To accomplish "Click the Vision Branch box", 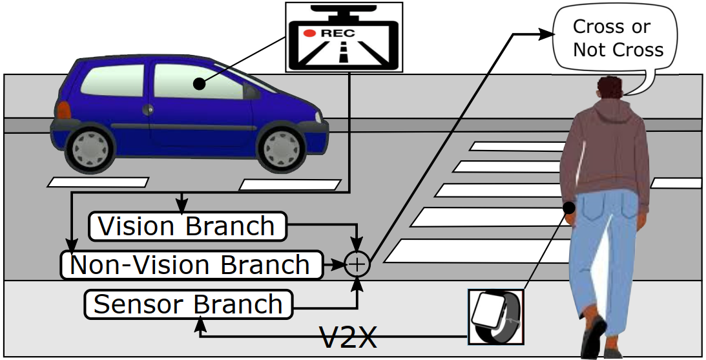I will [x=187, y=226].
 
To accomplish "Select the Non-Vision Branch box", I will [x=191, y=265].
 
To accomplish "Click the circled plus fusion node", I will [x=357, y=264].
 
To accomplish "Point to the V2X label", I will [x=348, y=337].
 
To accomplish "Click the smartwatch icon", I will [x=495, y=316].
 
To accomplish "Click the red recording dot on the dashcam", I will [x=310, y=32].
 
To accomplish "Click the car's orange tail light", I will [x=63, y=111].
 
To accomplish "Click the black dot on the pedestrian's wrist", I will [x=569, y=207].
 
